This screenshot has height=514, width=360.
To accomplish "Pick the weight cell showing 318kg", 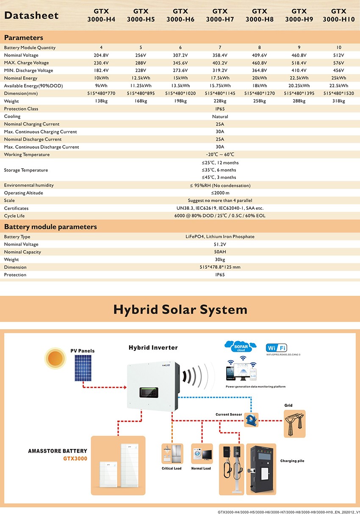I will pos(338,101).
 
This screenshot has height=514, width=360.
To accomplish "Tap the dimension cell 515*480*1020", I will pos(180,94).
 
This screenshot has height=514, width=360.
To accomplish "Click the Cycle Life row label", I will pos(14,216).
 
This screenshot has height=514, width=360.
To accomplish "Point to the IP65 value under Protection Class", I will pos(220,109).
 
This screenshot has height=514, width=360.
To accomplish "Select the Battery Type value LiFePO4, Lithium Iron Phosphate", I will pos(220,237).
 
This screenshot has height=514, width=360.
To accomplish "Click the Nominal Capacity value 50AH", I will pos(220,252).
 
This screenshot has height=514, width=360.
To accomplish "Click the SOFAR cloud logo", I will pos(240,347).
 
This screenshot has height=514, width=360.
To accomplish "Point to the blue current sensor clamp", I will pos(251,420).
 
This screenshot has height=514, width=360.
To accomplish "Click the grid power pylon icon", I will pos(294,423).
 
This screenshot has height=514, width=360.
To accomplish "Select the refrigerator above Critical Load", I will pos(171,455).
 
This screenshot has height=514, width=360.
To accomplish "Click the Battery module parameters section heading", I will pos(50,227).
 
